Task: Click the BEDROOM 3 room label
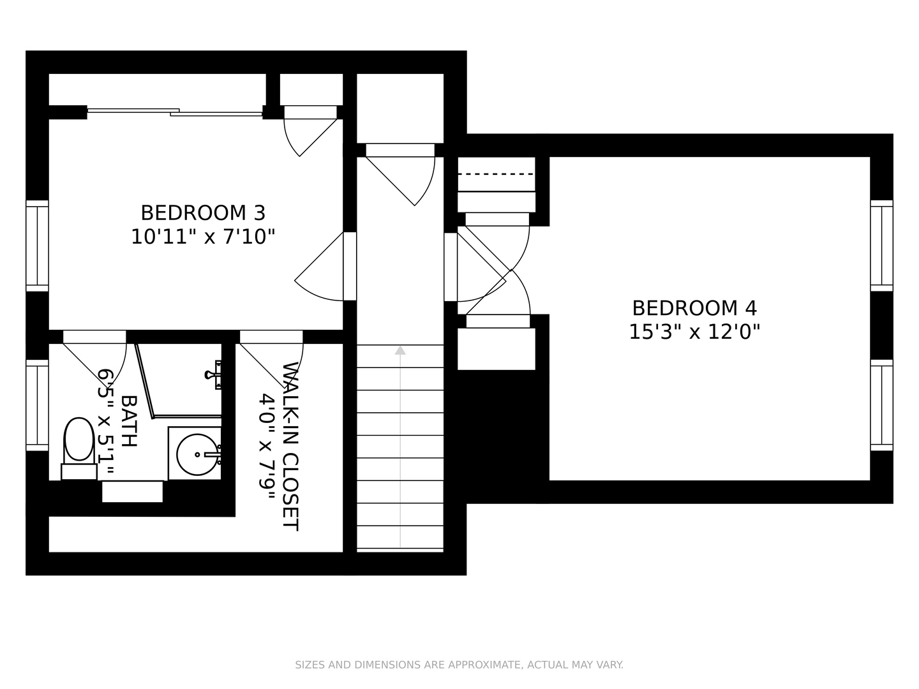click(203, 213)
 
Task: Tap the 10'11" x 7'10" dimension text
click(203, 237)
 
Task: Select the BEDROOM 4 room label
click(694, 308)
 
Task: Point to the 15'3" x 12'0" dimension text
click(694, 332)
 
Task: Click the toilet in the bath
click(78, 448)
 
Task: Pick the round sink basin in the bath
click(197, 455)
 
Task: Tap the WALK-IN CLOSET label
click(290, 447)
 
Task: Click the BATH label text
click(129, 421)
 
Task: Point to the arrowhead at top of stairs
click(400, 350)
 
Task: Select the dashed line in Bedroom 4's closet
click(496, 174)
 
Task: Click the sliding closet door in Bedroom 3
click(175, 112)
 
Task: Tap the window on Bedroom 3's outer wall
click(37, 246)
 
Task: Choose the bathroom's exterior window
click(37, 405)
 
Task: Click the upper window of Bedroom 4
click(882, 246)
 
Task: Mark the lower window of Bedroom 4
click(882, 405)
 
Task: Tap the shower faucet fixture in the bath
click(214, 374)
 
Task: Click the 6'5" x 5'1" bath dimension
click(105, 422)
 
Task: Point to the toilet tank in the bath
click(79, 471)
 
